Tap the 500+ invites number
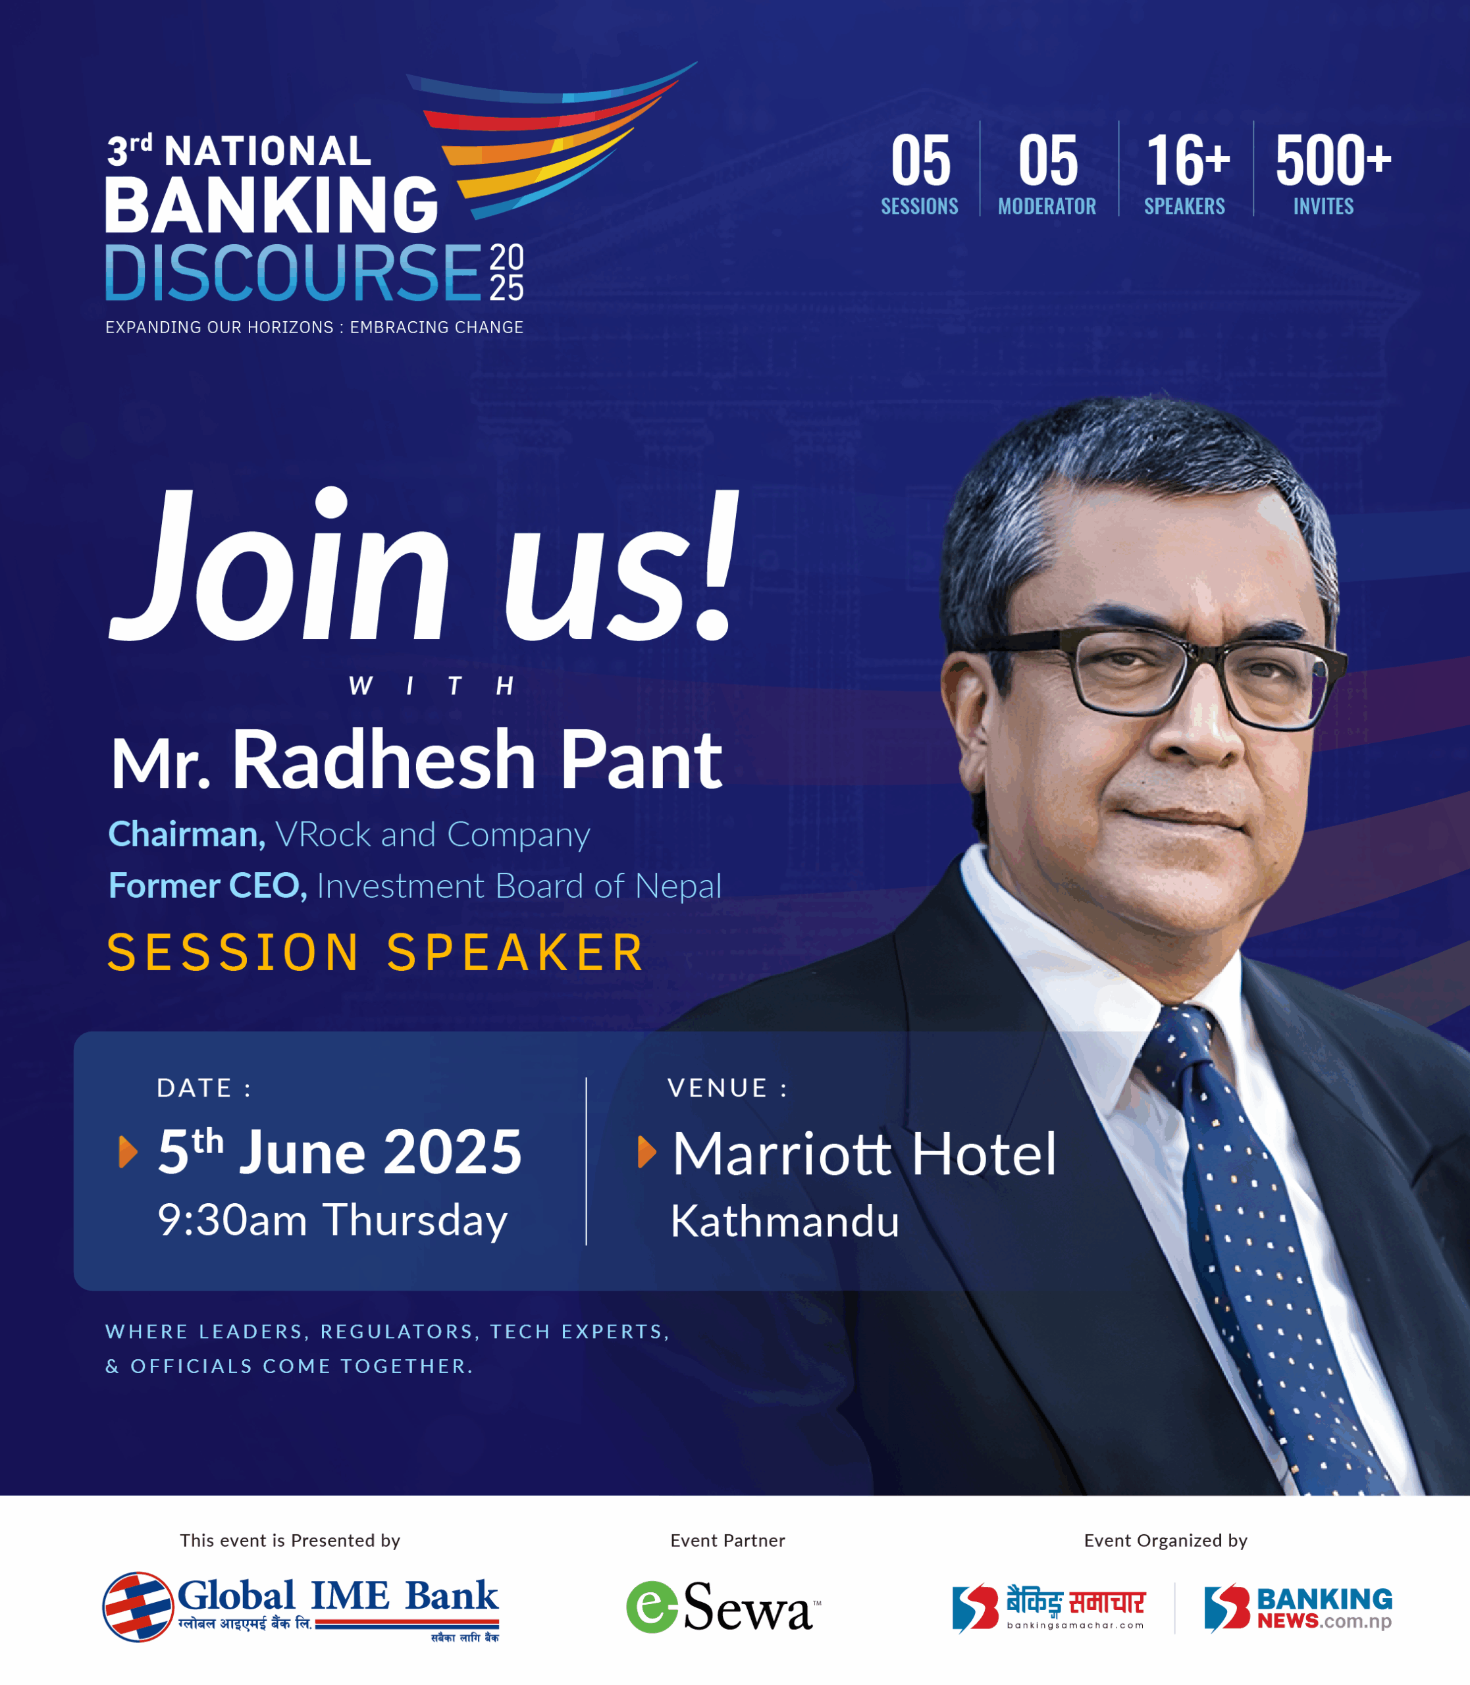[x=1333, y=160]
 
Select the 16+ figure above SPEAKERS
[x=1188, y=160]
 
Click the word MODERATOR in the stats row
[x=1047, y=206]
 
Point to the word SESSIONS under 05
[x=920, y=206]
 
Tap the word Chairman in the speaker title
[x=187, y=835]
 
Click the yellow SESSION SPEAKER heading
[x=375, y=952]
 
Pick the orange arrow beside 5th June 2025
[x=128, y=1152]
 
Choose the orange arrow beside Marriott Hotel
[x=647, y=1152]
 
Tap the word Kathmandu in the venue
[x=785, y=1222]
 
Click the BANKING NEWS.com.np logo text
[x=1324, y=1608]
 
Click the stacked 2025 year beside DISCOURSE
[x=507, y=273]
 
